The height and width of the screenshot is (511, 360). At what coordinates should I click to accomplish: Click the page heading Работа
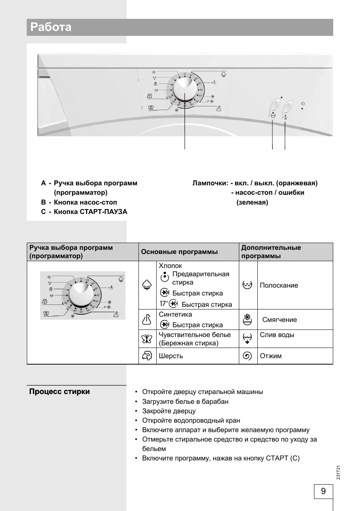click(51, 27)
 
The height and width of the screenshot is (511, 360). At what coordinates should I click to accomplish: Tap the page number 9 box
click(323, 491)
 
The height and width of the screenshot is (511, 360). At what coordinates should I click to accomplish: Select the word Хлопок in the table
click(170, 266)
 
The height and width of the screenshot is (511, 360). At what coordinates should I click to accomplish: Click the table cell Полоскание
click(279, 285)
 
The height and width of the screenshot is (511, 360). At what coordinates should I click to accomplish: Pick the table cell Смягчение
click(280, 320)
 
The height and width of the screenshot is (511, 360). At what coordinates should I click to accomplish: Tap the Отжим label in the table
click(271, 356)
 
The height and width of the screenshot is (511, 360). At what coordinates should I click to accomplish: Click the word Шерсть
click(171, 356)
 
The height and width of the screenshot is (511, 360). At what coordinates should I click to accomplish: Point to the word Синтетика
click(175, 314)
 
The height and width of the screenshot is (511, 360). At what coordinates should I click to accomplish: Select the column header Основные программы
click(179, 252)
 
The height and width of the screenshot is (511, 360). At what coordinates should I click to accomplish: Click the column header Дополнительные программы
click(271, 252)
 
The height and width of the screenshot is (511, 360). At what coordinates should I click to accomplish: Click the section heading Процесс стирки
click(59, 391)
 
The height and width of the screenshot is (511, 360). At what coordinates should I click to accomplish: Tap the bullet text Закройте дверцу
click(169, 411)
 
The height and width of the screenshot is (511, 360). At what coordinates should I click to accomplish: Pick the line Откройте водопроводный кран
click(191, 420)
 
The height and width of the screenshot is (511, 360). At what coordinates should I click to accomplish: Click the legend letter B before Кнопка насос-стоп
click(43, 202)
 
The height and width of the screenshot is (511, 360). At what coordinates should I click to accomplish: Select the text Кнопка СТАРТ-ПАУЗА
click(91, 212)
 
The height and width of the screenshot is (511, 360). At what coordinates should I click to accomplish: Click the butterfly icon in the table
click(147, 339)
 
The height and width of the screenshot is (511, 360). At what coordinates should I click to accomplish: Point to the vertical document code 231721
click(338, 473)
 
